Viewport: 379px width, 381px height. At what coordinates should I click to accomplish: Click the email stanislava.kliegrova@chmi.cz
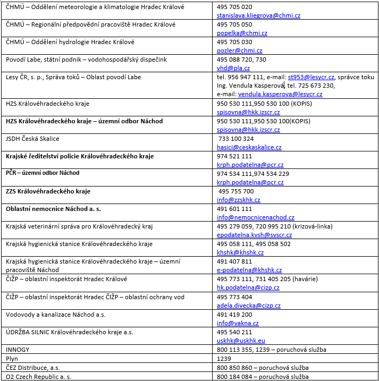tap(258, 16)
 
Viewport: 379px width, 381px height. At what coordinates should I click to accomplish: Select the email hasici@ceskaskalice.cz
tap(249, 147)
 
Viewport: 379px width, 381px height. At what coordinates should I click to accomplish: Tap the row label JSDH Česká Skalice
tap(32, 139)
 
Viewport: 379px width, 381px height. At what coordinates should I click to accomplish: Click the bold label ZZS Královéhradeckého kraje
tap(48, 191)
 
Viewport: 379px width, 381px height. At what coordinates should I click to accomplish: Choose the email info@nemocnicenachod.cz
tap(255, 217)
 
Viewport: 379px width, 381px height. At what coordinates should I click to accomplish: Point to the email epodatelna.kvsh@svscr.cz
tap(254, 235)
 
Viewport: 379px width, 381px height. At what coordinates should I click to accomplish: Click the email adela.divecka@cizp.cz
tap(248, 306)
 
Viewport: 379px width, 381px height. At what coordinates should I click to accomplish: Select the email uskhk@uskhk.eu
tap(241, 341)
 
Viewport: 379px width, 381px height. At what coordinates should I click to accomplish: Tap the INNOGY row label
tap(18, 350)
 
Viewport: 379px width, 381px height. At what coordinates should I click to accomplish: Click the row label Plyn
tap(12, 359)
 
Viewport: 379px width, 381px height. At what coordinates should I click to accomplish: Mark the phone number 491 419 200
tap(234, 315)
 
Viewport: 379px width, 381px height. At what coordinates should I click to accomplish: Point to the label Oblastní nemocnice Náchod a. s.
tap(53, 209)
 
